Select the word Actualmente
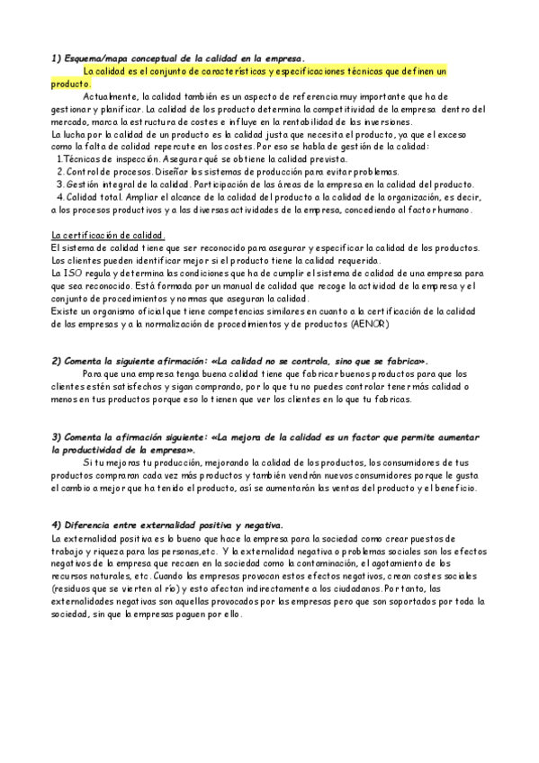109,96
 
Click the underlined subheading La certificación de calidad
108,236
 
